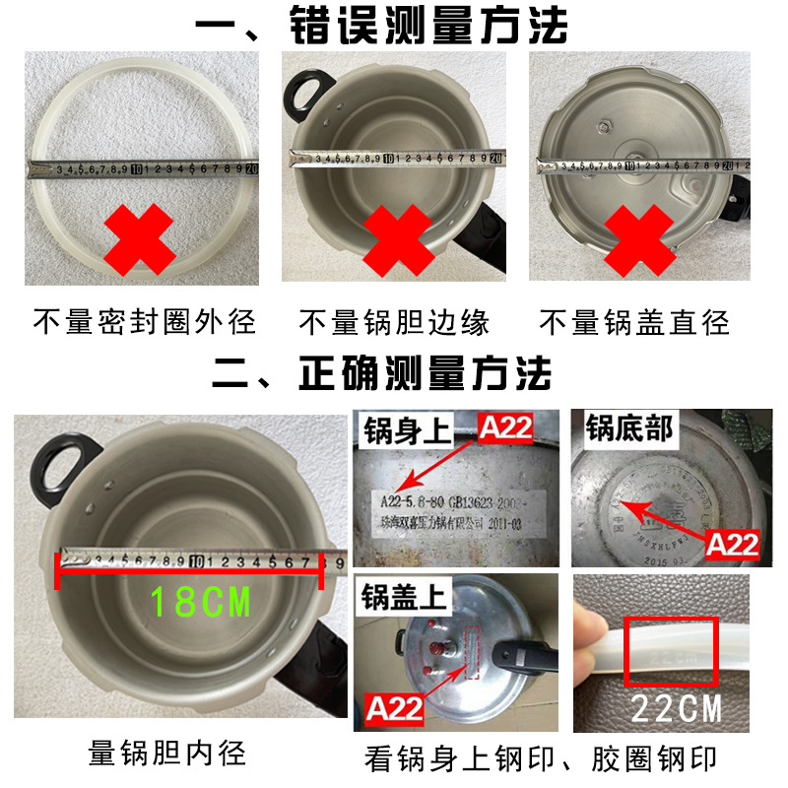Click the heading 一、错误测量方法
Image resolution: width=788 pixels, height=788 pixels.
(x=394, y=26)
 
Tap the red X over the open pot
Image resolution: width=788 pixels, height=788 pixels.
(x=398, y=238)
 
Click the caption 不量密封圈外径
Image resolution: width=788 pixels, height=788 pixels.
(x=145, y=321)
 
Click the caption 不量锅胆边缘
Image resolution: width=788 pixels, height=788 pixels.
(x=394, y=321)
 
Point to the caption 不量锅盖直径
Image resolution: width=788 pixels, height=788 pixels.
(x=635, y=321)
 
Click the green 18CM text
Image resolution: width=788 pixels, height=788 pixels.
(x=200, y=601)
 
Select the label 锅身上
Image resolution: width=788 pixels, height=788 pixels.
(x=401, y=429)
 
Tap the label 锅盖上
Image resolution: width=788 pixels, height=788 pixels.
(x=401, y=596)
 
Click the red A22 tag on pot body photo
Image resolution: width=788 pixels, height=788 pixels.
(x=505, y=427)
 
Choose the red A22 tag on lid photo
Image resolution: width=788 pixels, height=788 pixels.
(x=393, y=706)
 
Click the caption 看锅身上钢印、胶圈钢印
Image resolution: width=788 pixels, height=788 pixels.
(x=542, y=758)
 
